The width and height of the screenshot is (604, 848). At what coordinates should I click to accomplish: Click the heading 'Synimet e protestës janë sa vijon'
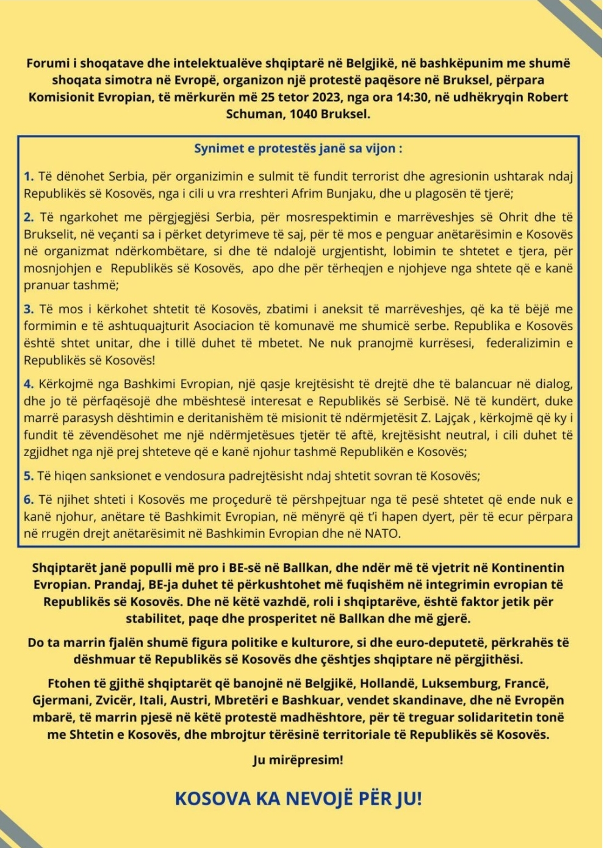point(298,148)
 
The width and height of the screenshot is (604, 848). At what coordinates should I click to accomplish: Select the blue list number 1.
point(28,177)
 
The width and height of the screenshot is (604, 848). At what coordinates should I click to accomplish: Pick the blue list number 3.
point(28,309)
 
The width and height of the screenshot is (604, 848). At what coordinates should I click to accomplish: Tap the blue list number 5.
point(28,476)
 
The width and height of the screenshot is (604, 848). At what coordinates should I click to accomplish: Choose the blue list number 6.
point(28,499)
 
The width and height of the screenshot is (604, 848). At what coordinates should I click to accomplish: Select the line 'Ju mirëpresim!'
point(298,760)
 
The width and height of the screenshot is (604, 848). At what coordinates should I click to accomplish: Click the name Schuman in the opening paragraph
point(257,114)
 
